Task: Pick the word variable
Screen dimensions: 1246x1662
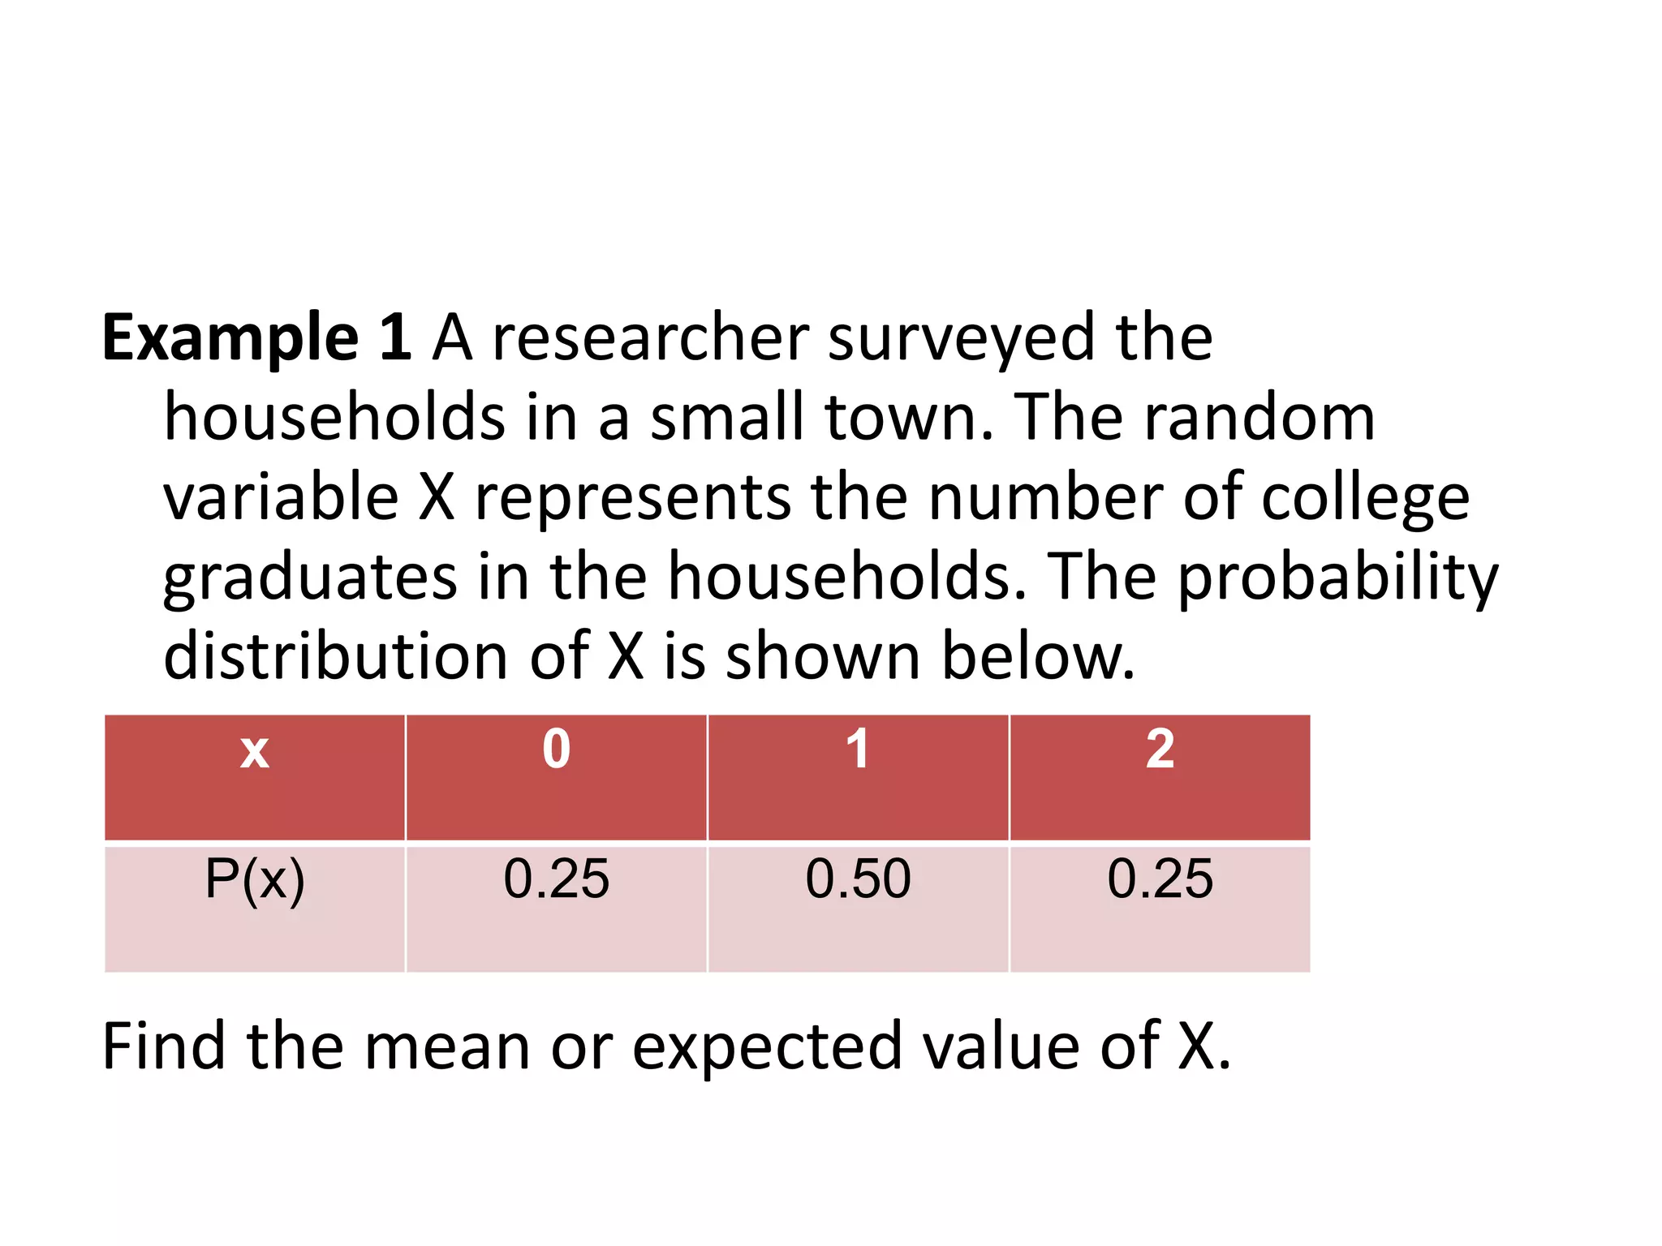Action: tap(281, 496)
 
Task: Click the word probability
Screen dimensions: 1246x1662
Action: tap(1337, 578)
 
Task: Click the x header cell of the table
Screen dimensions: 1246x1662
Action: tap(255, 777)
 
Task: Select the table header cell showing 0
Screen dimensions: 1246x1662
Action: tap(557, 777)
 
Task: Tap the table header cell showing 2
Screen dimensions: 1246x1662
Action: tap(1160, 777)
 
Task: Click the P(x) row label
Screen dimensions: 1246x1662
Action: tap(255, 909)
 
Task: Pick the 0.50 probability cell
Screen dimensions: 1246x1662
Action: tap(858, 909)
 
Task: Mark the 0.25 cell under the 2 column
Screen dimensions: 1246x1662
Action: tap(1160, 909)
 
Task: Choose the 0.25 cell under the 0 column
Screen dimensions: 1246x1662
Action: tap(557, 909)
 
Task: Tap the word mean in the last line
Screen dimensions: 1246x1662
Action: tap(447, 1046)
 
